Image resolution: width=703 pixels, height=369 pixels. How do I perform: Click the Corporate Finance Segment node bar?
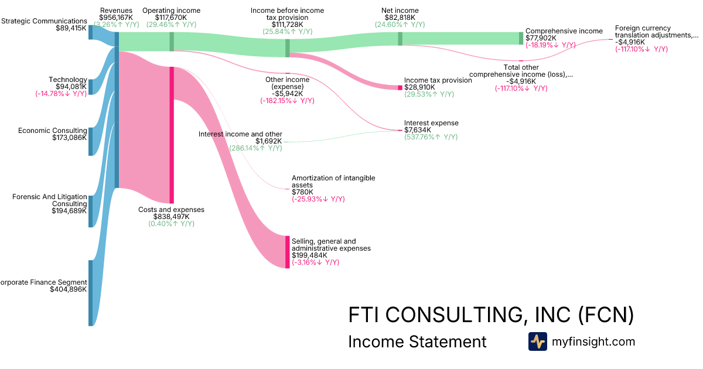coord(90,293)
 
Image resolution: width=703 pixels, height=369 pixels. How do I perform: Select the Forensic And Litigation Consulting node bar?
coord(90,211)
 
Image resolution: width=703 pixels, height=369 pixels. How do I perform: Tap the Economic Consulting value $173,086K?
coord(69,138)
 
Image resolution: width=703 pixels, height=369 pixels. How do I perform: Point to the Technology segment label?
coord(68,80)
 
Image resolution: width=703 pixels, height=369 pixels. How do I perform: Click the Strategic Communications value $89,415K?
coord(71,28)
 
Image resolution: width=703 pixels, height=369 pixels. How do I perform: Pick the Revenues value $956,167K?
coord(116,18)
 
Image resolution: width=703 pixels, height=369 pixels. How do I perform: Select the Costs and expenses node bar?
coord(172,135)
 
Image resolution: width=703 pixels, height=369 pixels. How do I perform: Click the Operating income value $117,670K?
coord(171,18)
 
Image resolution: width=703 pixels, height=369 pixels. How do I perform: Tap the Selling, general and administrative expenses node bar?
coord(287,252)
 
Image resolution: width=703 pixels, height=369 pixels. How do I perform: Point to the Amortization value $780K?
coord(302,192)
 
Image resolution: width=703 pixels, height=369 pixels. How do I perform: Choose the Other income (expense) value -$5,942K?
coord(287,93)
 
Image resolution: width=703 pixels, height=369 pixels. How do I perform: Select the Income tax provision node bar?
coord(400,87)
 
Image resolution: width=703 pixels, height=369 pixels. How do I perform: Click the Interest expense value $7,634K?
coord(418,130)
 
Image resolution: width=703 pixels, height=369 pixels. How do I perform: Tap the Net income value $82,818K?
coord(400,18)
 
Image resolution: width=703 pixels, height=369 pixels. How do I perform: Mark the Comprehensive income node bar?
coord(521,38)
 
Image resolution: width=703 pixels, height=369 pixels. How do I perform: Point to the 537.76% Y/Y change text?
coord(431,137)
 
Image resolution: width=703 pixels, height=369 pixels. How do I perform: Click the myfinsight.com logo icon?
coord(537,341)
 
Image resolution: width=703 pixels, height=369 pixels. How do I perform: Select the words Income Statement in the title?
coord(417,341)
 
